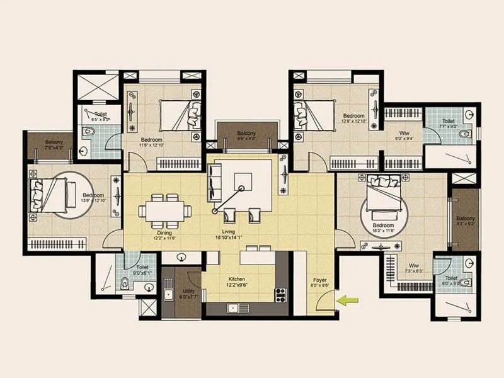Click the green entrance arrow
(x=345, y=301)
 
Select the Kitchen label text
(x=237, y=281)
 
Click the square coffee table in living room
(x=243, y=181)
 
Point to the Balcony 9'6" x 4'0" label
(x=246, y=136)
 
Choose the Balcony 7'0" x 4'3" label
(x=54, y=145)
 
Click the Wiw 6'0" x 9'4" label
(x=403, y=136)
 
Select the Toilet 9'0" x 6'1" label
(x=142, y=270)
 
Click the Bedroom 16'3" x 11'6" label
(x=383, y=227)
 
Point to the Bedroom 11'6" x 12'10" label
(x=152, y=142)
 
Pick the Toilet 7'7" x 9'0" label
(x=449, y=123)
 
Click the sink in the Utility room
(x=168, y=295)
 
